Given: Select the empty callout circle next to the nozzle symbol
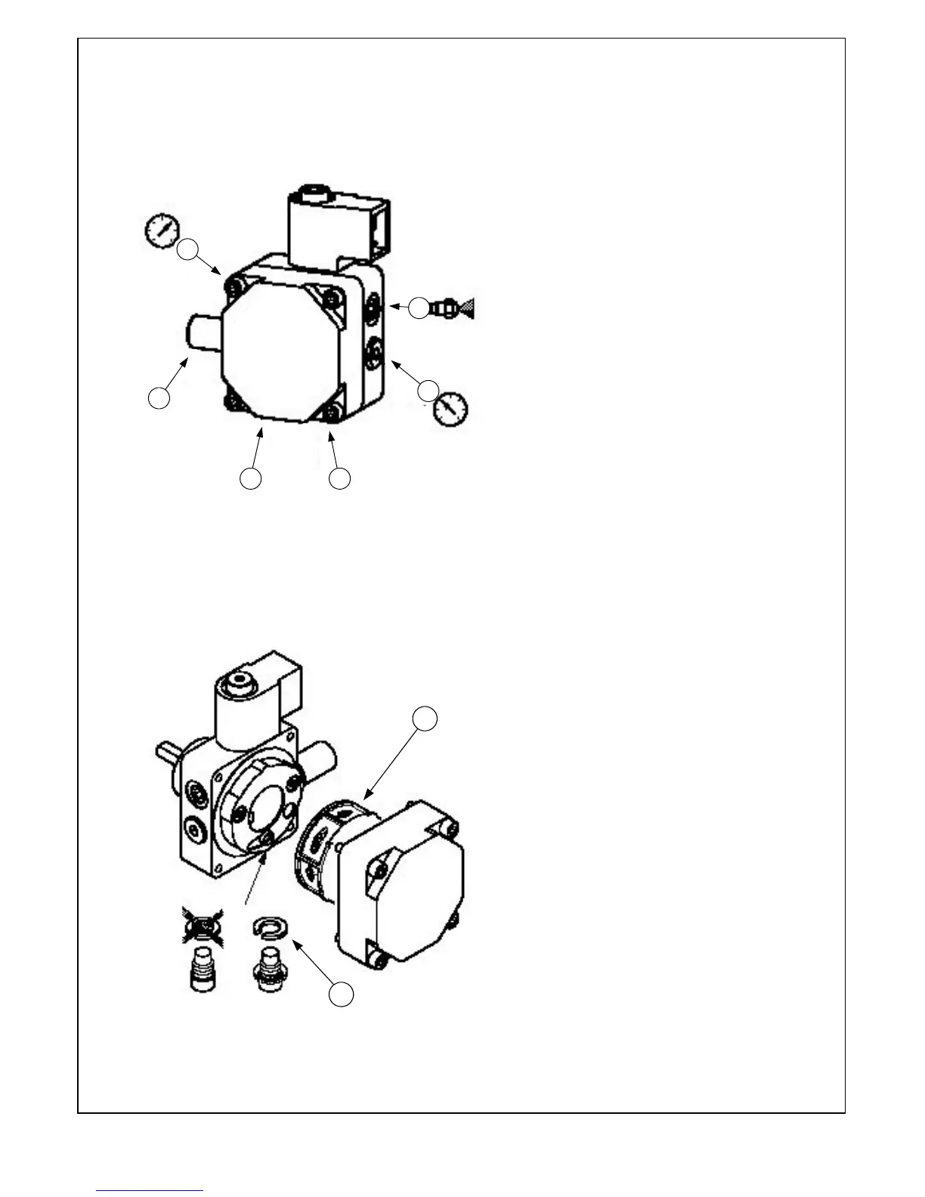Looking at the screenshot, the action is pyautogui.click(x=419, y=308).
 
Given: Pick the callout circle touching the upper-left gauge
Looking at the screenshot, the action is pyautogui.click(x=188, y=249).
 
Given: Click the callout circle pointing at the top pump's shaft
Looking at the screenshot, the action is pyautogui.click(x=159, y=398).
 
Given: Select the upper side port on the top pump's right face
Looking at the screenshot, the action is pyautogui.click(x=374, y=310).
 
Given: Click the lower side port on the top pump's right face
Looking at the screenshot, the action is pyautogui.click(x=376, y=352).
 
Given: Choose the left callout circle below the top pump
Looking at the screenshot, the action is pyautogui.click(x=251, y=478).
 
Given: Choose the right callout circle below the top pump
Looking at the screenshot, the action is pyautogui.click(x=340, y=478).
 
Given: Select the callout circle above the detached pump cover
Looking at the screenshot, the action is pyautogui.click(x=426, y=719).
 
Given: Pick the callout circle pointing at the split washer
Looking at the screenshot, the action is pyautogui.click(x=342, y=994).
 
